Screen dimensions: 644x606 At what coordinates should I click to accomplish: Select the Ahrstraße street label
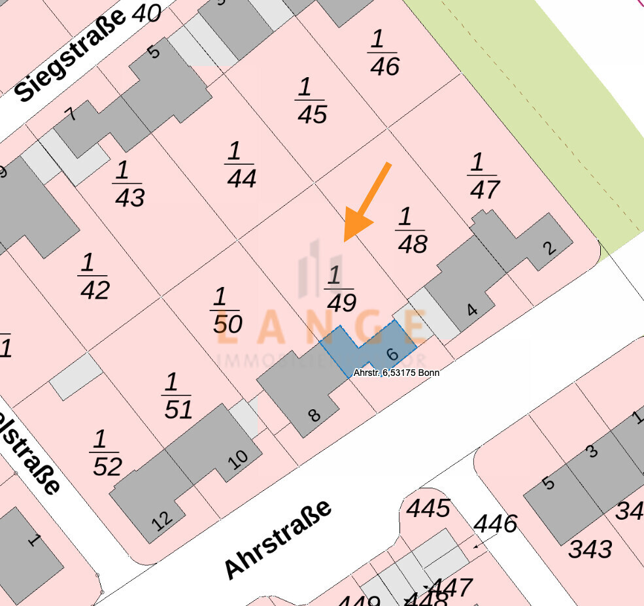tap(277, 540)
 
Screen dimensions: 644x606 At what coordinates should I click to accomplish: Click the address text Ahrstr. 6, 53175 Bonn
tap(396, 373)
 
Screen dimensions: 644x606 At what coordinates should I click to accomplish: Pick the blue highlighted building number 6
tap(392, 354)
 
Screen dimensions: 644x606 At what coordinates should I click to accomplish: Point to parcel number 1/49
tap(339, 289)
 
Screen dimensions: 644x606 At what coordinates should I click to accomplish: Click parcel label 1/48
tap(412, 230)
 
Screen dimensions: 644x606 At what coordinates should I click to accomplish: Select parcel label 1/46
tap(384, 53)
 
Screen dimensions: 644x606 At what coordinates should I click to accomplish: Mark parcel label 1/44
tap(241, 165)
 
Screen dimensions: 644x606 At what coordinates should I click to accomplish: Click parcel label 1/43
tap(129, 184)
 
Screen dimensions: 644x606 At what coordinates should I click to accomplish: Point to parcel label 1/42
tap(94, 277)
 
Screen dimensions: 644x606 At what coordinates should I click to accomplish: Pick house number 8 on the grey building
tap(314, 414)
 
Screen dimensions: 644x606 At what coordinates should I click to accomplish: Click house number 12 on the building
tap(162, 518)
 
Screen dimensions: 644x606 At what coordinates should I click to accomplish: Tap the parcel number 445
tap(429, 507)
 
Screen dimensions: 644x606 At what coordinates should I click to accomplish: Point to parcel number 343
tap(590, 548)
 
